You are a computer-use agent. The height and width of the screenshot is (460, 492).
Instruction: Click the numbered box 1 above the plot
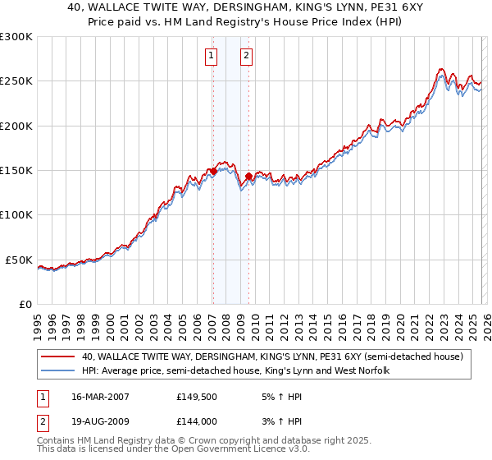click(x=212, y=56)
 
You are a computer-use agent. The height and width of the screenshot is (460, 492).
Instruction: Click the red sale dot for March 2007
click(x=213, y=171)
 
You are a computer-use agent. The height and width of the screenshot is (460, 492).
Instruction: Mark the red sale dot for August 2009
click(x=248, y=176)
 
